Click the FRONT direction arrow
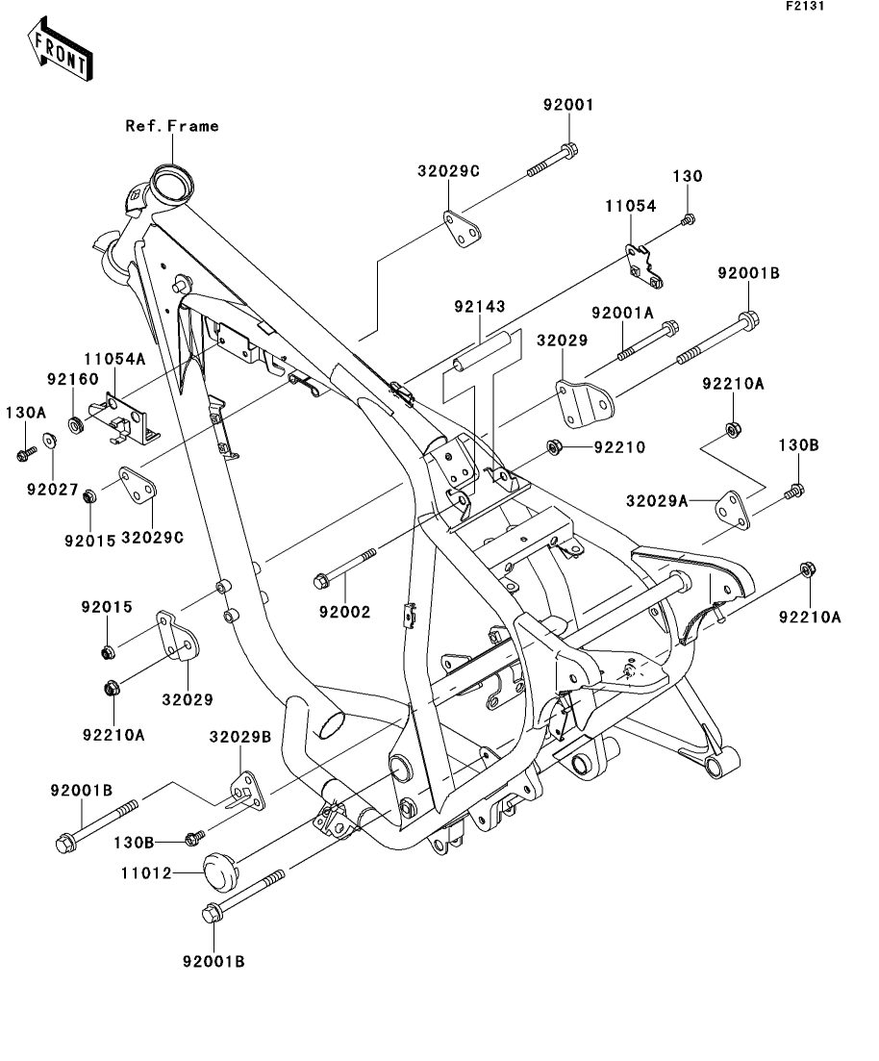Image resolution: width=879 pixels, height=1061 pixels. pos(61,50)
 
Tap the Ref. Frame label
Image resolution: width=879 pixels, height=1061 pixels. pos(172,126)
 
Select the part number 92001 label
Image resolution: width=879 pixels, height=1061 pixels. pos(567,105)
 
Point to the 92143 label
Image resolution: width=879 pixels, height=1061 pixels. pos(479,308)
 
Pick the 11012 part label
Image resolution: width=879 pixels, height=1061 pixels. pos(146,873)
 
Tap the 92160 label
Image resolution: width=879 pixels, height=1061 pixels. pos(72,379)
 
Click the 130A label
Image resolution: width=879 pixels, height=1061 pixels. pos(26,412)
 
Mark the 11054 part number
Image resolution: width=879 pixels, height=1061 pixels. pos(630,206)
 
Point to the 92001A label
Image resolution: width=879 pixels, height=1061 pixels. pos(622,313)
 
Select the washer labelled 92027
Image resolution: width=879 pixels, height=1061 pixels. pos(49,442)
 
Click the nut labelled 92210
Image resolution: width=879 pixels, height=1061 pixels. pos(554,446)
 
